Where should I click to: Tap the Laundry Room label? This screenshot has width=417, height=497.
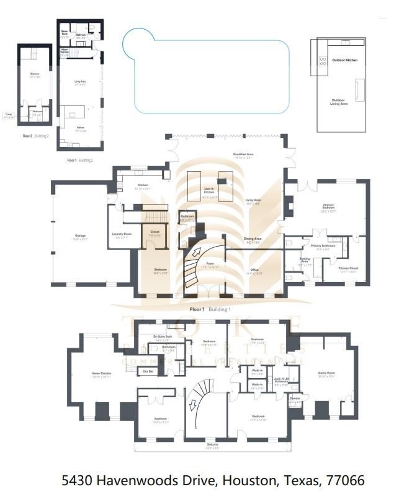(123, 234)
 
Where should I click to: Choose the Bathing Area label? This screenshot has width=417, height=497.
(305, 259)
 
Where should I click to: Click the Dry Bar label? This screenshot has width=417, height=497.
(148, 371)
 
